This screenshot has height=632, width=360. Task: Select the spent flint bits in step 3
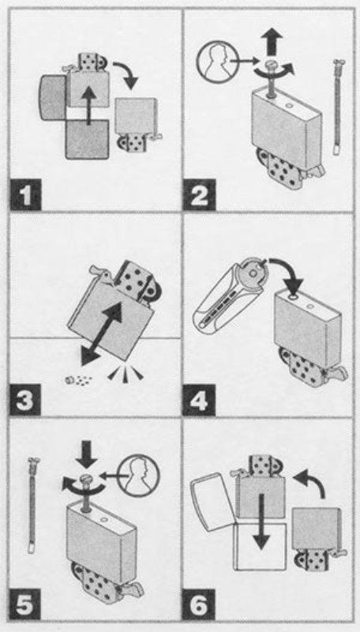pos(77,379)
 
